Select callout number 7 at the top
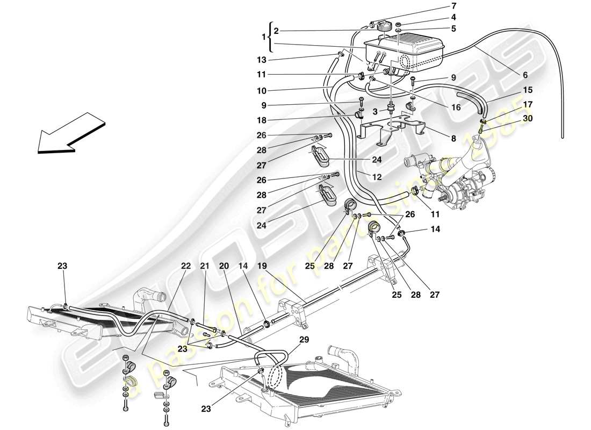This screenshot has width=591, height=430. tap(438, 6)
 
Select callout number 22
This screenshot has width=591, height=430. tap(186, 266)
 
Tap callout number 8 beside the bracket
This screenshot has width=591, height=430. tap(453, 138)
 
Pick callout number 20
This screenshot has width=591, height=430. tap(224, 266)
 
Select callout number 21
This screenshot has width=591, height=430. tap(204, 266)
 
